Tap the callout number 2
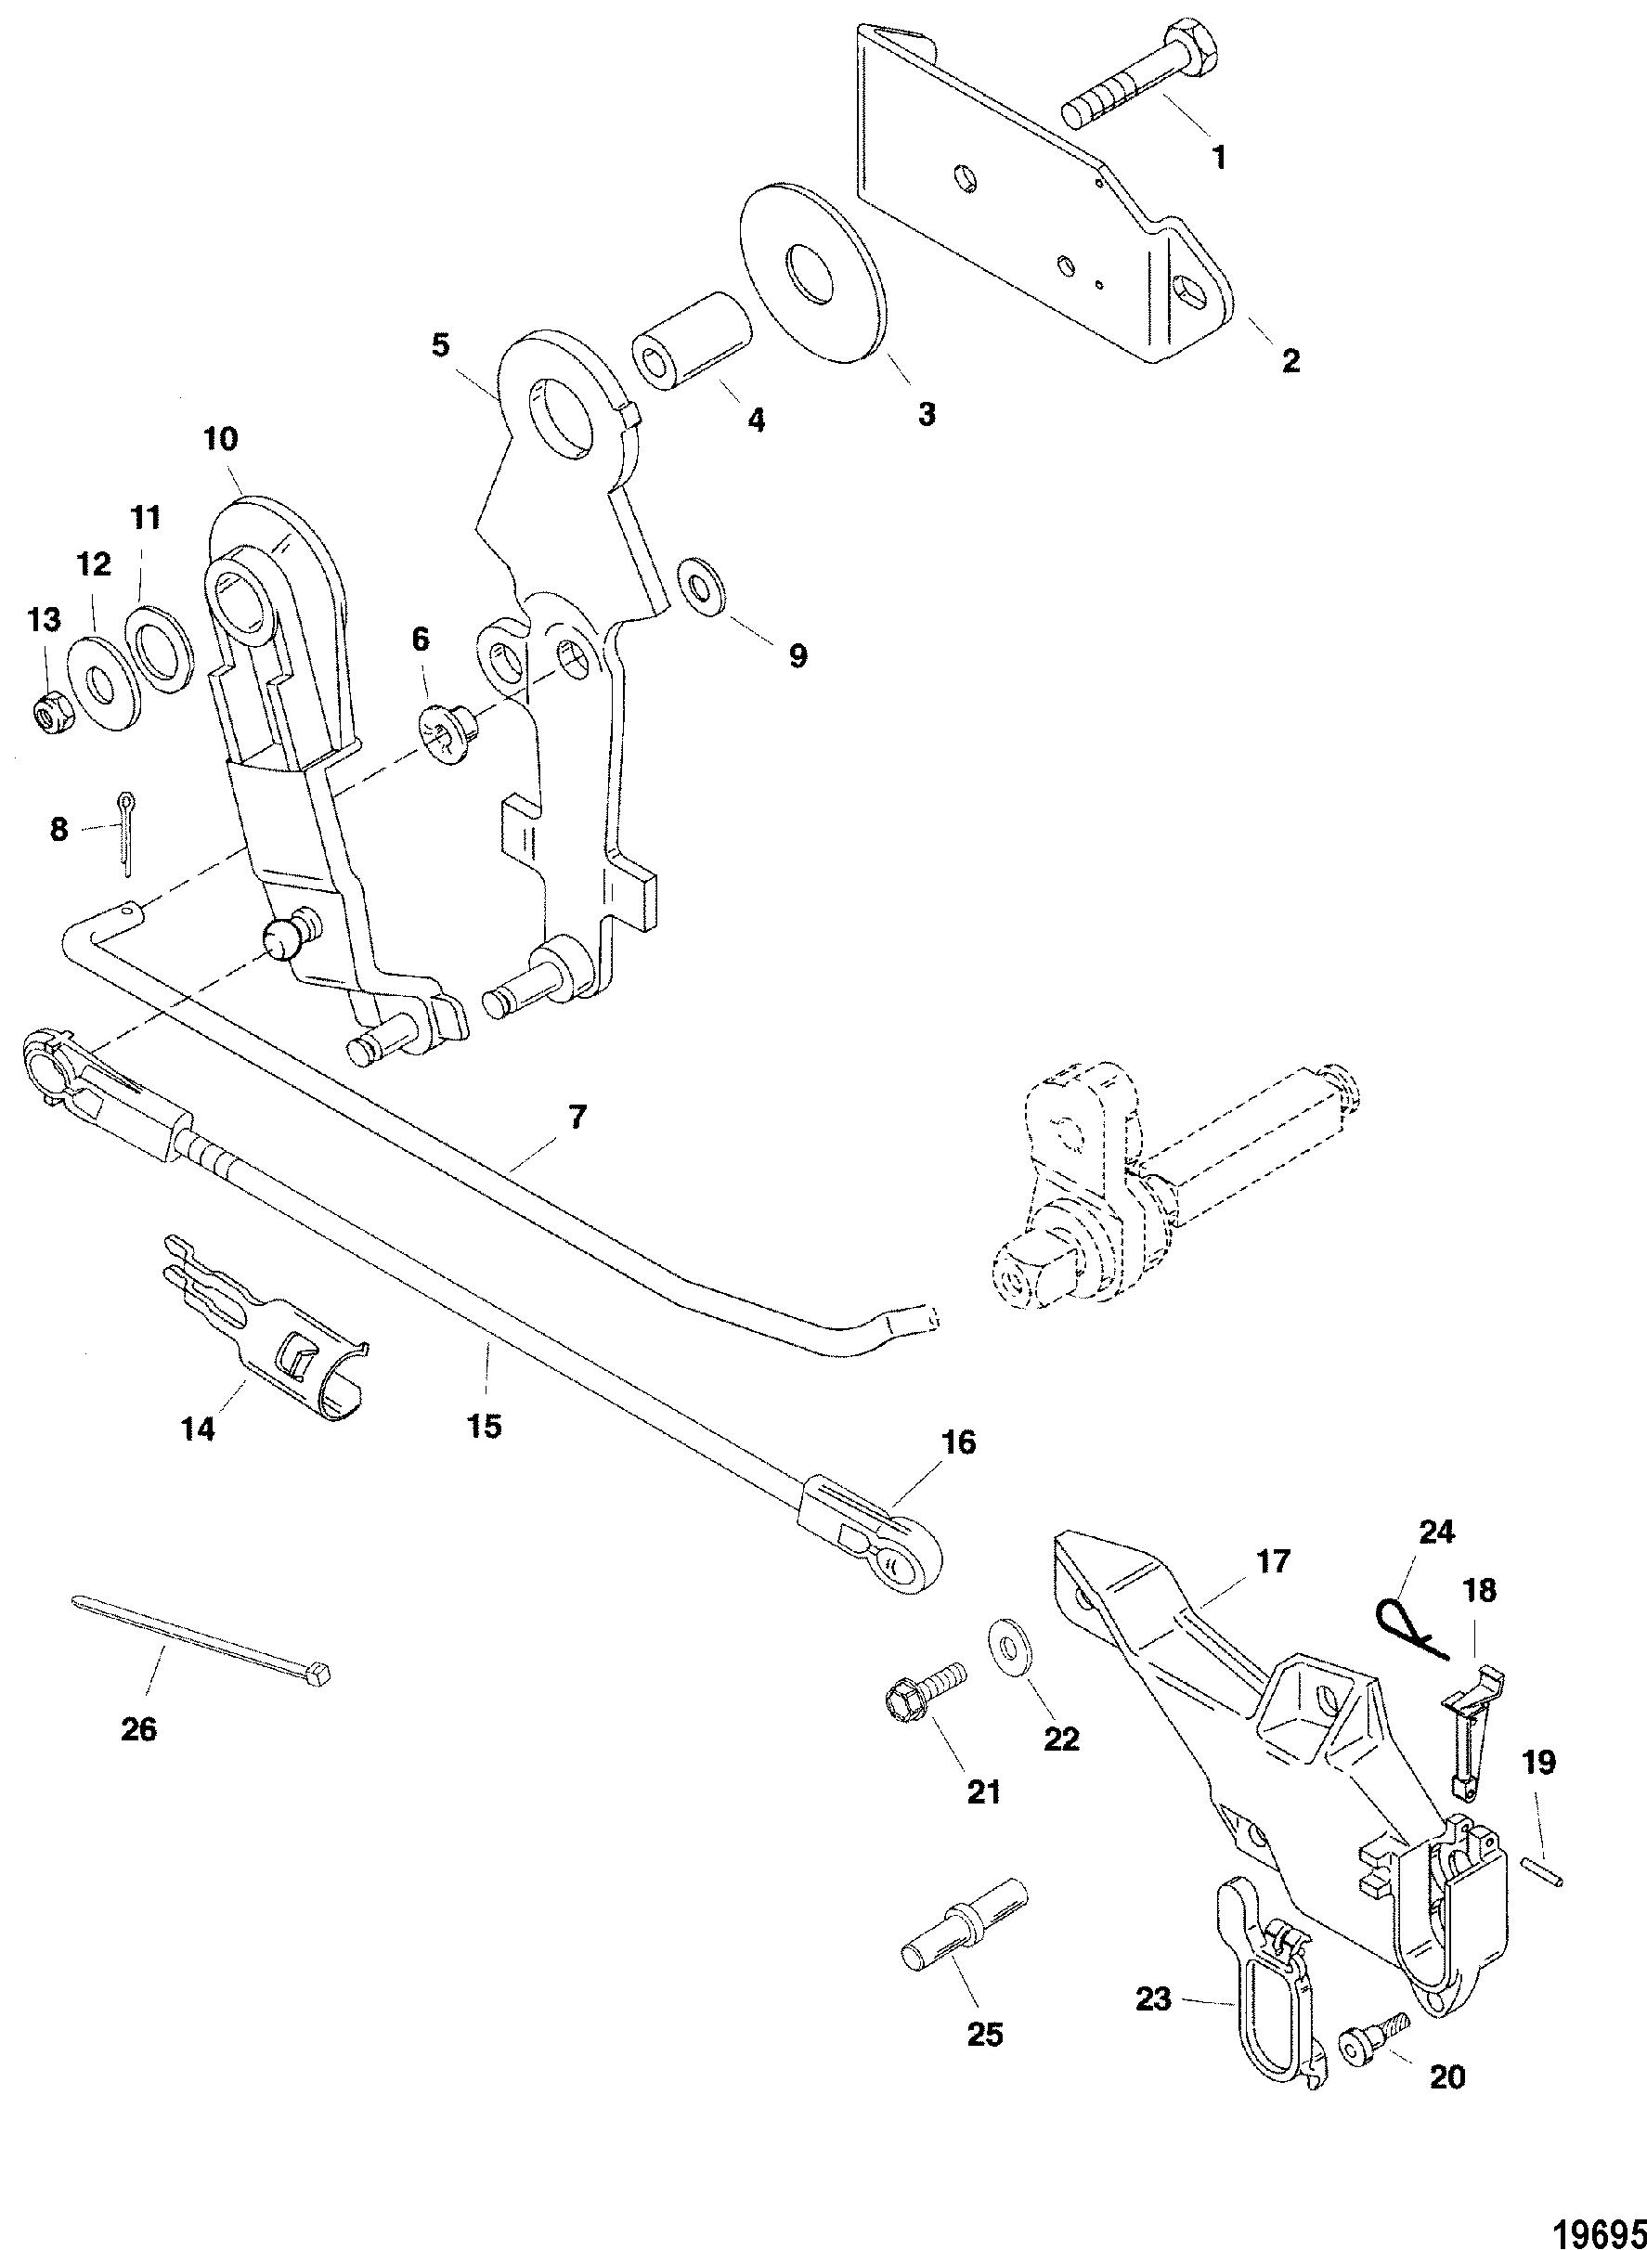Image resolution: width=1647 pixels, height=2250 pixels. [x=1291, y=362]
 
